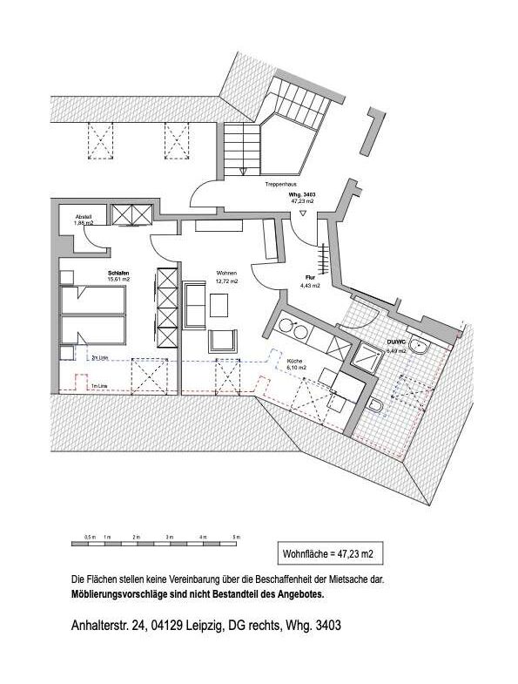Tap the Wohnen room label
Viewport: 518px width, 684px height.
click(226, 273)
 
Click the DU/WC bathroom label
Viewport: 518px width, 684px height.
click(397, 342)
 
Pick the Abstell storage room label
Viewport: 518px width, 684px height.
click(84, 216)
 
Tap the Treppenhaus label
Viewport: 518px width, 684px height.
click(283, 186)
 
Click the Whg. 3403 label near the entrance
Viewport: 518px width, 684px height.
click(302, 194)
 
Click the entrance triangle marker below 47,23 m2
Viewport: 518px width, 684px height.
click(302, 213)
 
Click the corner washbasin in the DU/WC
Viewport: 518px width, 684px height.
click(420, 347)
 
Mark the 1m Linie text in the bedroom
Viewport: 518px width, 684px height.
click(98, 385)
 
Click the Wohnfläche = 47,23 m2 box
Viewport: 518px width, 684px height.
click(326, 553)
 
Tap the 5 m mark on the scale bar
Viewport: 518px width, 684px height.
click(234, 538)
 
